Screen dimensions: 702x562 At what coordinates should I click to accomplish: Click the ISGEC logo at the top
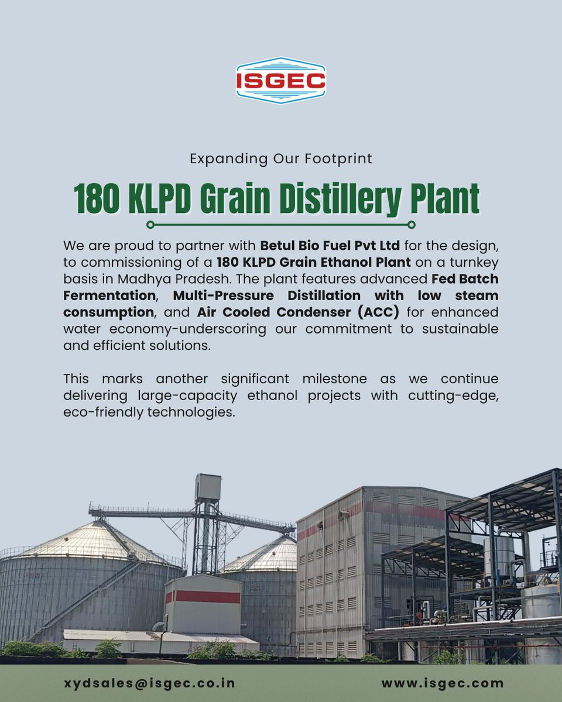(x=280, y=81)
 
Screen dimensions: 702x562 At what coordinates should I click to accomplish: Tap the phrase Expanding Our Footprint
(x=281, y=159)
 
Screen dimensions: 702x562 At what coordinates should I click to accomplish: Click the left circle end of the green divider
(x=150, y=225)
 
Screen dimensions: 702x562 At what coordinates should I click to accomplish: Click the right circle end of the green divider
(x=412, y=225)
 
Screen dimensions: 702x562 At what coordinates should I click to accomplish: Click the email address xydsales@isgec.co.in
(x=150, y=683)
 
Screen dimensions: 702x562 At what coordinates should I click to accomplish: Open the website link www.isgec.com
(x=443, y=683)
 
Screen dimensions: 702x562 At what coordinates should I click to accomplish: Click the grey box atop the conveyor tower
(x=208, y=487)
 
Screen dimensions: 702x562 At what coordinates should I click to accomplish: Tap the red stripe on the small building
(x=203, y=597)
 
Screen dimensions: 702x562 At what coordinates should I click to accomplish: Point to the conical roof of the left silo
(x=94, y=541)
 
